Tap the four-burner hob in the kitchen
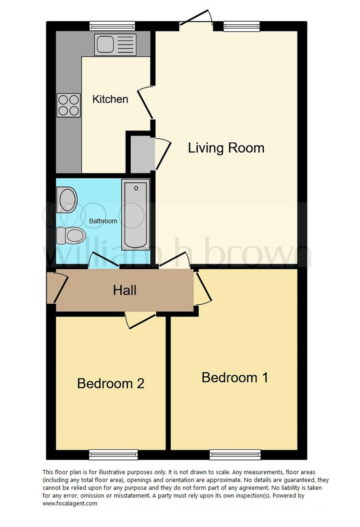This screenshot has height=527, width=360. (x=69, y=105)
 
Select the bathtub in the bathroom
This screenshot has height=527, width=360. (x=136, y=215)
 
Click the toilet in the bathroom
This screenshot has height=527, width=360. (x=71, y=235)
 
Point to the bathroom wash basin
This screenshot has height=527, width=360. (x=67, y=199)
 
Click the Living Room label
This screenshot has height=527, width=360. (x=226, y=148)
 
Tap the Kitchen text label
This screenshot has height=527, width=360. (x=110, y=99)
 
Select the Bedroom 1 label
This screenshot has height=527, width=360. (x=235, y=377)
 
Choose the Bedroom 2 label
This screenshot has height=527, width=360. (x=110, y=383)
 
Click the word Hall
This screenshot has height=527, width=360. (x=125, y=290)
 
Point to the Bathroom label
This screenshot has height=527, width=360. (x=103, y=221)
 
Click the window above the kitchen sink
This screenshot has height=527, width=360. (x=112, y=26)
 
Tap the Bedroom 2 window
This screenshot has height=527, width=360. (x=113, y=455)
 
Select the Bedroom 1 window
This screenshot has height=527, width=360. (x=235, y=455)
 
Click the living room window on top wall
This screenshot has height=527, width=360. (x=241, y=26)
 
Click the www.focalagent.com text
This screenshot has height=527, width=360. (x=70, y=504)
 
